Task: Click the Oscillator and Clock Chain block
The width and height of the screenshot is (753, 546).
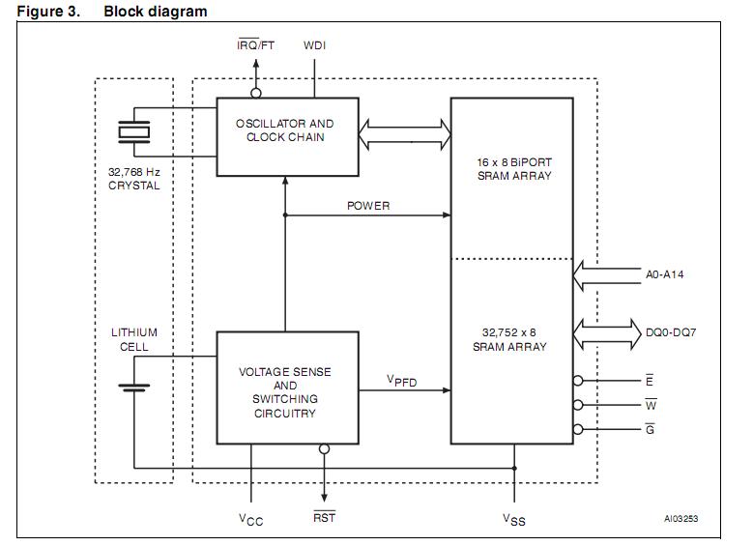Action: [x=286, y=136]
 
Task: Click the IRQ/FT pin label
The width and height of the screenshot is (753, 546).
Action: [x=257, y=45]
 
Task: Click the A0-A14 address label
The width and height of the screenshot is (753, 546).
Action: [x=665, y=274]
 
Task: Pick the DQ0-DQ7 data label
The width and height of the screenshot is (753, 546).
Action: [x=671, y=332]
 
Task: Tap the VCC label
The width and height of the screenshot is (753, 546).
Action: [x=250, y=520]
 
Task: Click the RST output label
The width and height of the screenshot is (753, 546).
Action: [x=324, y=519]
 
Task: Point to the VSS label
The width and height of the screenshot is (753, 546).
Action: [x=514, y=520]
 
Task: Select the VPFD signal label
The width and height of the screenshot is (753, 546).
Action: [x=402, y=380]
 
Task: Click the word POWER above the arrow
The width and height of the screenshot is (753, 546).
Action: [x=368, y=206]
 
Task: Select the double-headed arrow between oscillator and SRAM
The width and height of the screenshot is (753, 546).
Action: [x=405, y=134]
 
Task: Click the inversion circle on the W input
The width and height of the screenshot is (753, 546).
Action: [x=578, y=405]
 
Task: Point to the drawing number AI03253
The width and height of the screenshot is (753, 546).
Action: [x=681, y=519]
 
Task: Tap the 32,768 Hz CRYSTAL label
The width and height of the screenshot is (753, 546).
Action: [x=134, y=178]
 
